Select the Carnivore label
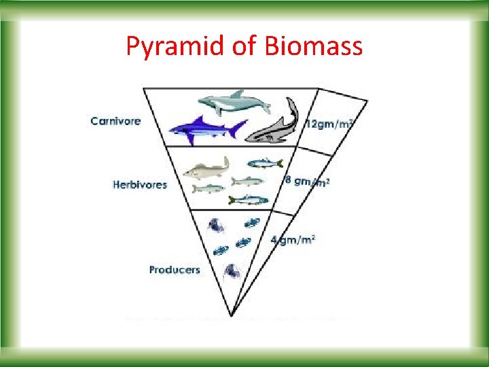click(x=116, y=122)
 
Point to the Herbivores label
click(x=140, y=184)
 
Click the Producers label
click(x=175, y=270)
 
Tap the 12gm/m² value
click(x=331, y=124)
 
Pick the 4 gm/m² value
click(x=293, y=239)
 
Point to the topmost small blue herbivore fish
click(x=264, y=163)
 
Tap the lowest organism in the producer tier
click(x=231, y=271)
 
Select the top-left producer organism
click(x=217, y=226)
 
